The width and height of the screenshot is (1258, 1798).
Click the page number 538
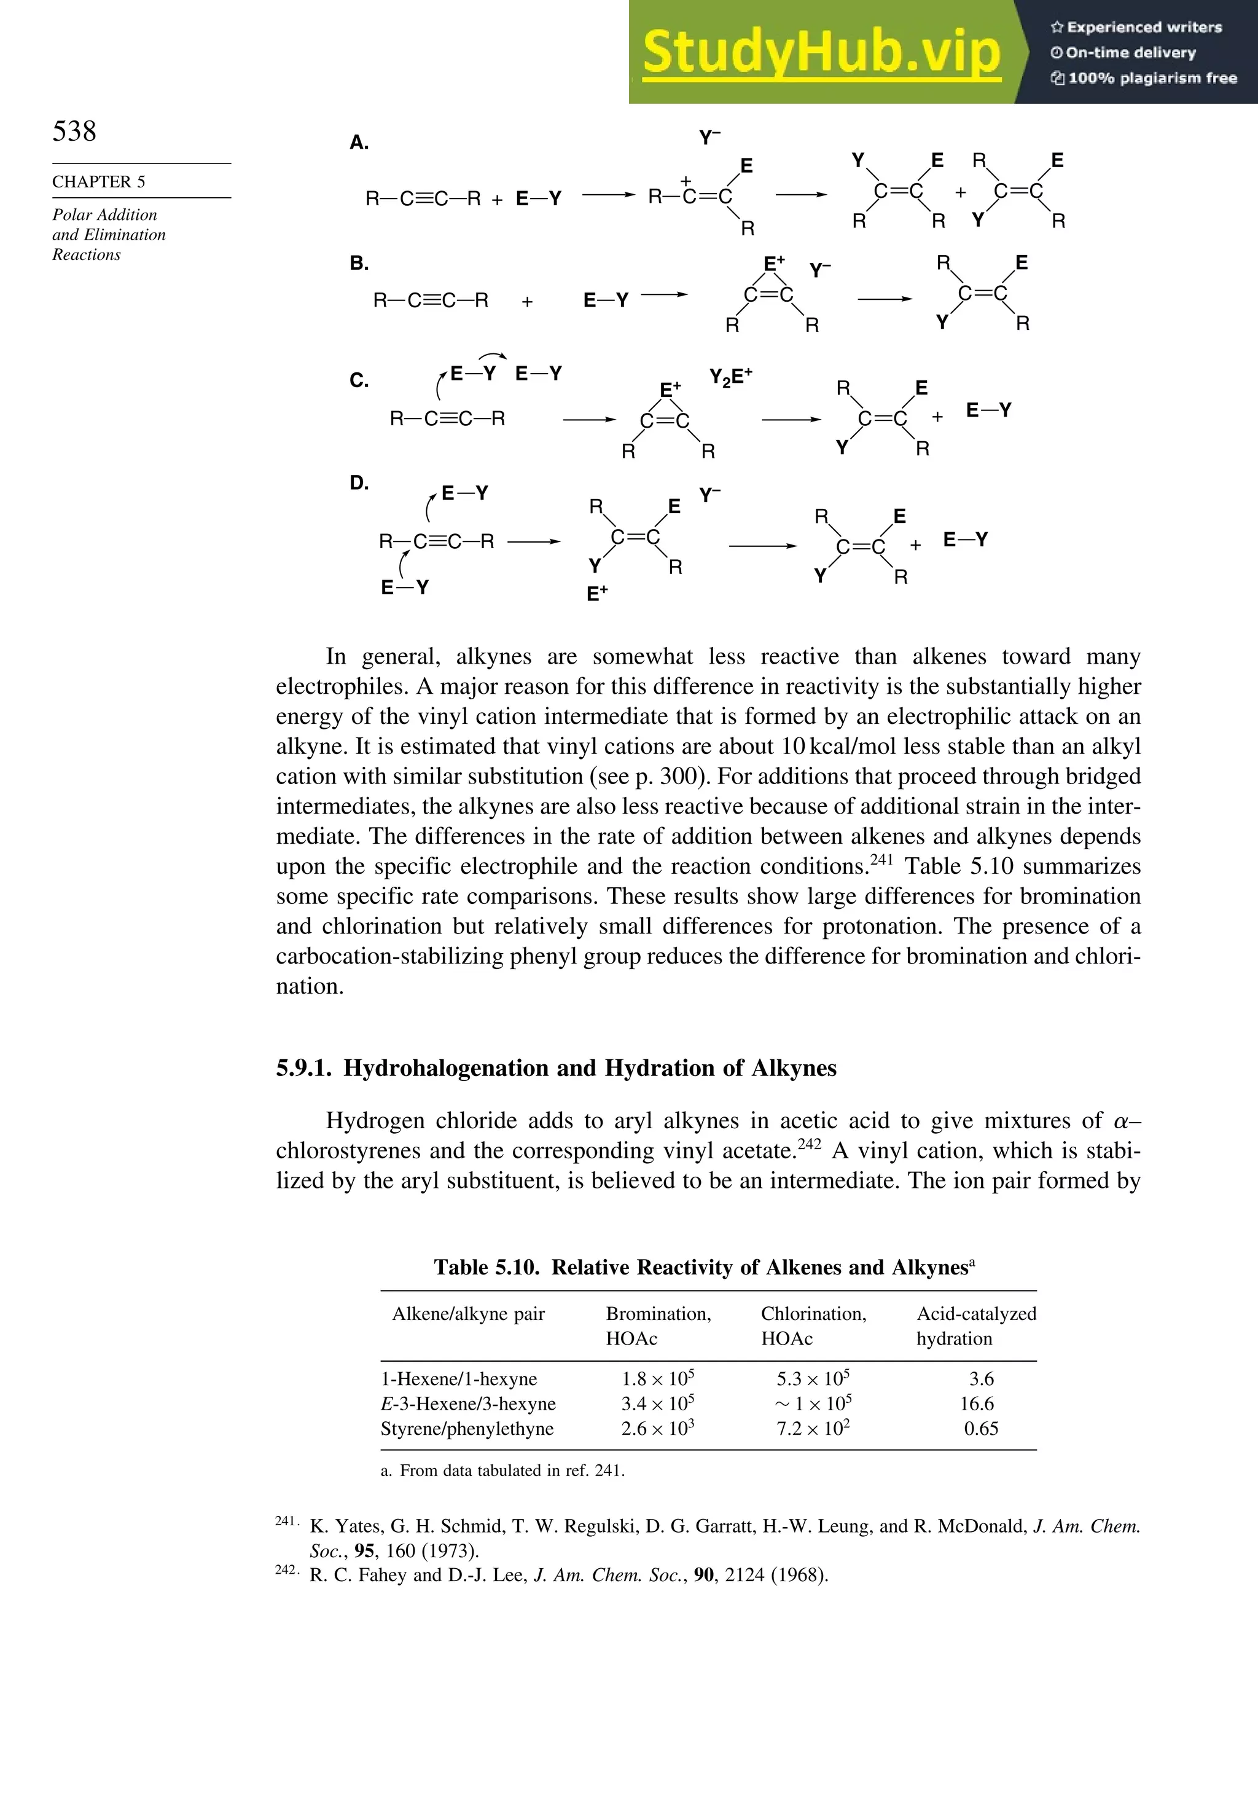coord(74,131)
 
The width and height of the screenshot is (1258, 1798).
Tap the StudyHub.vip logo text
coord(821,52)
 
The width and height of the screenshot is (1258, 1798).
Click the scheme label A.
coord(359,143)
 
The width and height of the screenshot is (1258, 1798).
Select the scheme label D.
coord(359,482)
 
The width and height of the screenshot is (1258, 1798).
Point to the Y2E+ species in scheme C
coord(730,377)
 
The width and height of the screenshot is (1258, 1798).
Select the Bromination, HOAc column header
coord(658,1326)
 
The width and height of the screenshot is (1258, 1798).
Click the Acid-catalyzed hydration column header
coord(975,1326)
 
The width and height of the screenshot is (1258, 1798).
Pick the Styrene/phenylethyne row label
coord(467,1428)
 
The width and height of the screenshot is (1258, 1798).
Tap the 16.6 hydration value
coord(976,1403)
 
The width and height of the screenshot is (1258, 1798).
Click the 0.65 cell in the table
coord(980,1428)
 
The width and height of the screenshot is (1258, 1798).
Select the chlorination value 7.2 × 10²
coord(813,1428)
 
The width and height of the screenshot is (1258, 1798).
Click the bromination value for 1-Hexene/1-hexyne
coord(658,1379)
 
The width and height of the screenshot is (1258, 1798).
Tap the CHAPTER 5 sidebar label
coord(99,182)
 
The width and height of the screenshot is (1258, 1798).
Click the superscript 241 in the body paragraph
coord(881,859)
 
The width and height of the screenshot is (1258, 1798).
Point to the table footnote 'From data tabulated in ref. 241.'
coord(512,1470)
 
